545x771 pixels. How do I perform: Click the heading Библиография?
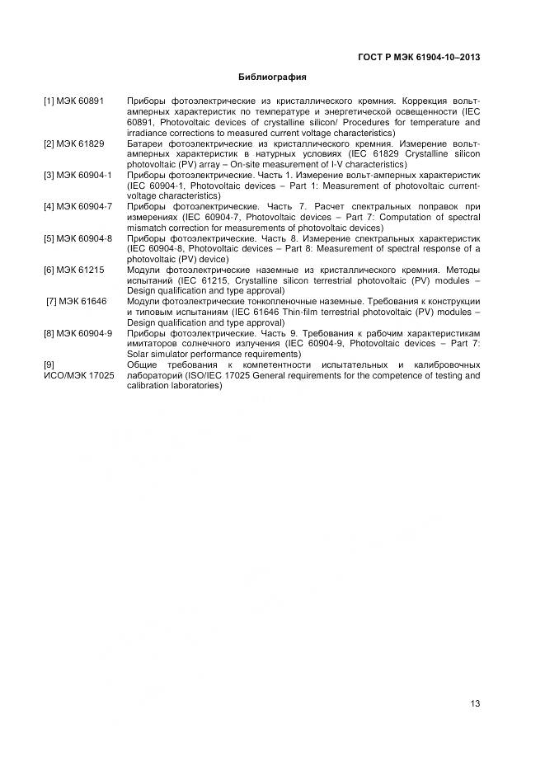(272, 78)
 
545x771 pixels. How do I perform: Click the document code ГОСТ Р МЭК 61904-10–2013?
(419, 57)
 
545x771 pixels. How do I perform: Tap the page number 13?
(475, 703)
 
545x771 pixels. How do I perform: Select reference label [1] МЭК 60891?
(74, 101)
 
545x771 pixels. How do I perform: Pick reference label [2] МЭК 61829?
(74, 143)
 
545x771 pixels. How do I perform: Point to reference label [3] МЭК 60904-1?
(78, 176)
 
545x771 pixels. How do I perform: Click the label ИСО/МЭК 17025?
(79, 375)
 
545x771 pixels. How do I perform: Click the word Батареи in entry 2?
(145, 143)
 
